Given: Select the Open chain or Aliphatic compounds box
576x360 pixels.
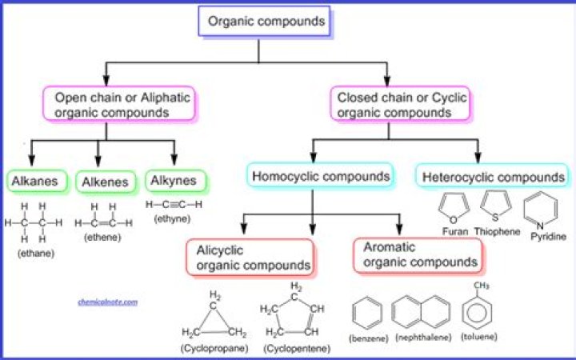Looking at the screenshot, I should (118, 105).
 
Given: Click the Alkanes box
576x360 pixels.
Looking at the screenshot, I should (35, 182).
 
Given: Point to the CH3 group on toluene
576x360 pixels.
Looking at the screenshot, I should (482, 286).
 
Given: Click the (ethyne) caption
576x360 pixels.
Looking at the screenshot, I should (173, 218).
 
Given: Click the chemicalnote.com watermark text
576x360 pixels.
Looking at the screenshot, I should (108, 302).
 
